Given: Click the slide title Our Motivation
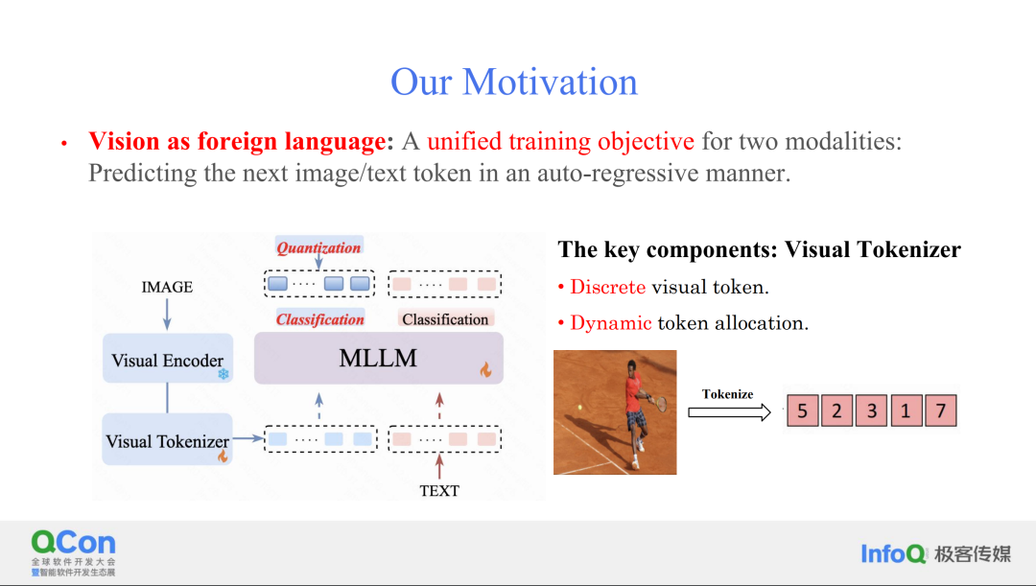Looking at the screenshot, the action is [x=514, y=82].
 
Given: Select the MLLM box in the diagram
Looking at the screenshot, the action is [x=379, y=358].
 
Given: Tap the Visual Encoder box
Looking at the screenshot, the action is [x=168, y=358].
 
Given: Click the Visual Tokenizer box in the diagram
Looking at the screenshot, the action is [x=167, y=439].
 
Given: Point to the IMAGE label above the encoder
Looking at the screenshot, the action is [x=167, y=287].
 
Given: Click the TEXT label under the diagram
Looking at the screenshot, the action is [x=439, y=491].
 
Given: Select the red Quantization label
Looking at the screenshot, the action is [x=318, y=247].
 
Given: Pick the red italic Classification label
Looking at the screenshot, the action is [x=319, y=319].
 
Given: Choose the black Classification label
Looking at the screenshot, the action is [x=445, y=319].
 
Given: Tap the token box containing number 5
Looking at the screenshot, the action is [x=803, y=410].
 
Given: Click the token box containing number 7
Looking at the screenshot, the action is [x=941, y=410].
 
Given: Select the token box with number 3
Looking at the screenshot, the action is [x=871, y=410].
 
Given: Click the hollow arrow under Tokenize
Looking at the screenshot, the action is [x=729, y=413].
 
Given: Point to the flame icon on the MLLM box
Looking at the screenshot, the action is [x=486, y=370].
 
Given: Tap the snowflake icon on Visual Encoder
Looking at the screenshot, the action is [x=224, y=374].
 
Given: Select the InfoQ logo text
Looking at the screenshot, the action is [x=893, y=553].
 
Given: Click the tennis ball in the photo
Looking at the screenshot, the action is [x=580, y=408].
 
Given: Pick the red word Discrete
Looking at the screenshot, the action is [x=608, y=287].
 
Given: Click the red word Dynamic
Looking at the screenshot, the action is [x=611, y=323].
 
